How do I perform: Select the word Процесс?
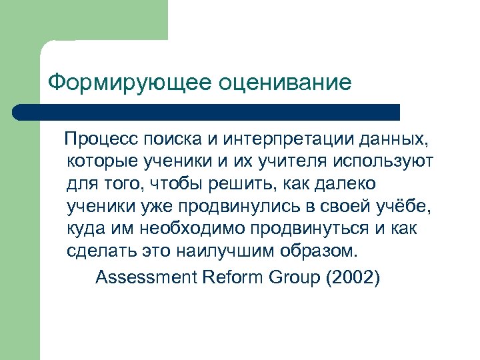(101, 140)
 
